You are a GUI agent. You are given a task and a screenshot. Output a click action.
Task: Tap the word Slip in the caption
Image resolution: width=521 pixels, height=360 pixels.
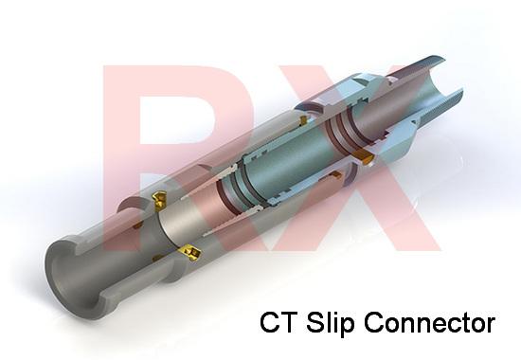(328, 323)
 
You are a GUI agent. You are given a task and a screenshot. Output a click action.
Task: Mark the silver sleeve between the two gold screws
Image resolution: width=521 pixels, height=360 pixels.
(171, 227)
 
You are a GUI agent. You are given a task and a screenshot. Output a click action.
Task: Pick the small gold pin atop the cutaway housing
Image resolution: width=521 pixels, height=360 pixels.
(301, 120)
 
